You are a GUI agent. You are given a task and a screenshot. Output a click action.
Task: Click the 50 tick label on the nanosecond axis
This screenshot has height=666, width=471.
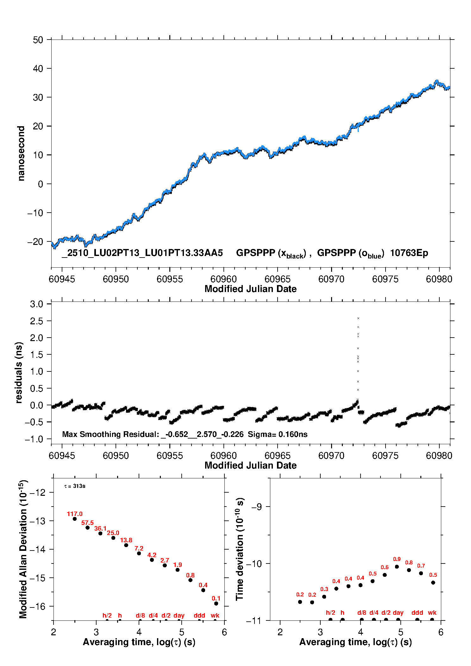click(38, 40)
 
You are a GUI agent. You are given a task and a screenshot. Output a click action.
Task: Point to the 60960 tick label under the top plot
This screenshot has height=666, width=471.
click(223, 279)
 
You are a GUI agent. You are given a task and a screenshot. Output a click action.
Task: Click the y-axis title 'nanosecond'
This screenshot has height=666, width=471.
click(21, 153)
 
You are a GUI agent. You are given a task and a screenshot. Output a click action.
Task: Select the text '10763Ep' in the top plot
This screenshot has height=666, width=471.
click(409, 253)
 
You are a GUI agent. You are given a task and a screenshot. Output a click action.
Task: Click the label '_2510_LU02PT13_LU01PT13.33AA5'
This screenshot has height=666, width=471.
click(142, 253)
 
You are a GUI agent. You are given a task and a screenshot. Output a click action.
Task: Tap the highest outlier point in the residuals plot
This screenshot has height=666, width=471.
click(358, 318)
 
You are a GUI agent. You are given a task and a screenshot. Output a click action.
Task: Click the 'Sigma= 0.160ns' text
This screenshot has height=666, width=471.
click(278, 434)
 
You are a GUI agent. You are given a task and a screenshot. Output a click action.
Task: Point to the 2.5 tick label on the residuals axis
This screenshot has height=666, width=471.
click(36, 321)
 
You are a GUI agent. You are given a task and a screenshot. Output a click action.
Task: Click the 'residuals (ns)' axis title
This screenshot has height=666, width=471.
click(19, 373)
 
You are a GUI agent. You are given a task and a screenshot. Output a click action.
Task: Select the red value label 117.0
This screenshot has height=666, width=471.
click(75, 514)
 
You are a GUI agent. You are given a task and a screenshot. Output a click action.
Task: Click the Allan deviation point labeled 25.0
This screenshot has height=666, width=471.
click(113, 538)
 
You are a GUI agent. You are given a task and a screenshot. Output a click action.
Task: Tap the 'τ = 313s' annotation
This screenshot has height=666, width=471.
click(75, 486)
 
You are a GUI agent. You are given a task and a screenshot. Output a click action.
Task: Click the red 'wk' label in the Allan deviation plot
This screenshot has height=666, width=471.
click(215, 615)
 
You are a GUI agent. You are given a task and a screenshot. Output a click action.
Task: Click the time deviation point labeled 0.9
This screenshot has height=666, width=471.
click(397, 567)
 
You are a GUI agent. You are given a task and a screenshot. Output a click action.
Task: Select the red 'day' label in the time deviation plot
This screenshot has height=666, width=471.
click(398, 613)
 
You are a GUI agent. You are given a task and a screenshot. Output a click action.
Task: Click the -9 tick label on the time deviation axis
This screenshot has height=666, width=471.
click(257, 507)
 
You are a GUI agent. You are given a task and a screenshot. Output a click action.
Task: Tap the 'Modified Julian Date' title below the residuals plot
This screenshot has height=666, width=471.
click(251, 465)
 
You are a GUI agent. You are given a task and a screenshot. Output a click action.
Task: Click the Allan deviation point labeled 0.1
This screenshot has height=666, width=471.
click(216, 603)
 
